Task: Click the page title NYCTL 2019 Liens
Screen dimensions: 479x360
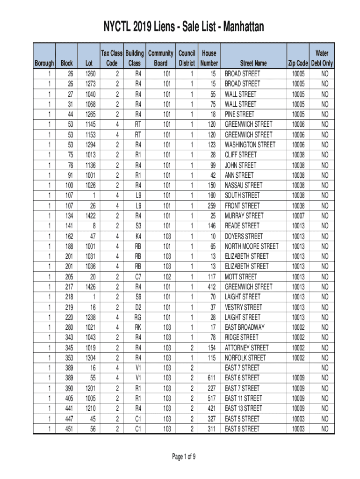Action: point(180,28)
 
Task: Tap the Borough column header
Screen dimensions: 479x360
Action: point(44,63)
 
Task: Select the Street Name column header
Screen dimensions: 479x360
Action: point(253,63)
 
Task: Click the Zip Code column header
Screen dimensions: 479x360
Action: point(298,63)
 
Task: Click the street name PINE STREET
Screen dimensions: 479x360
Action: point(239,114)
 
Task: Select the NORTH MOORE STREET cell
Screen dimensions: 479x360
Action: point(252,246)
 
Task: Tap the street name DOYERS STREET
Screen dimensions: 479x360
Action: point(244,236)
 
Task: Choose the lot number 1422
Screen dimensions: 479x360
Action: point(92,216)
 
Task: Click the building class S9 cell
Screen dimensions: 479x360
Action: point(138,297)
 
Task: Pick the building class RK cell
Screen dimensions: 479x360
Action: point(138,327)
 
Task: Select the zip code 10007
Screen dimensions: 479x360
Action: point(298,216)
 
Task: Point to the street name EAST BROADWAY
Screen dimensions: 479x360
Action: point(245,327)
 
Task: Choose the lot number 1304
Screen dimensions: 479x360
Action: point(92,358)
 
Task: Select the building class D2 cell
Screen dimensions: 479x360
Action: point(138,307)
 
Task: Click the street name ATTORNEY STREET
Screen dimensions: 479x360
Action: point(247,348)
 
